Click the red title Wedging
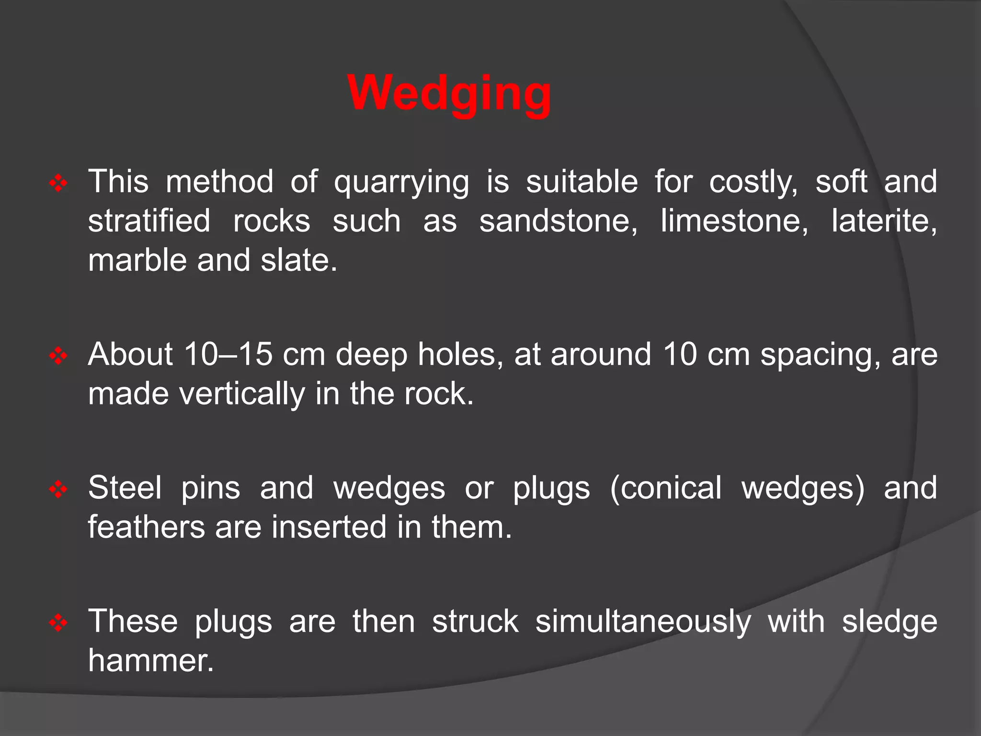pyautogui.click(x=449, y=93)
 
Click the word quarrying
pyautogui.click(x=401, y=183)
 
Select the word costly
pyautogui.click(x=753, y=183)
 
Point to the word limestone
pyautogui.click(x=734, y=221)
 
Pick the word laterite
pyautogui.click(x=884, y=221)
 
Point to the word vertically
pyautogui.click(x=242, y=394)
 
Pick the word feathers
pyautogui.click(x=146, y=527)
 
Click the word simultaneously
pyautogui.click(x=643, y=622)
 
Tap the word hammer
pyautogui.click(x=150, y=660)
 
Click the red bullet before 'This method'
pyautogui.click(x=58, y=184)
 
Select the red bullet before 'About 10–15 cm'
pyautogui.click(x=58, y=356)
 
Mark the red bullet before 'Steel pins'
pyautogui.click(x=58, y=490)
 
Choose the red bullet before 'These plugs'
pyautogui.click(x=58, y=623)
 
